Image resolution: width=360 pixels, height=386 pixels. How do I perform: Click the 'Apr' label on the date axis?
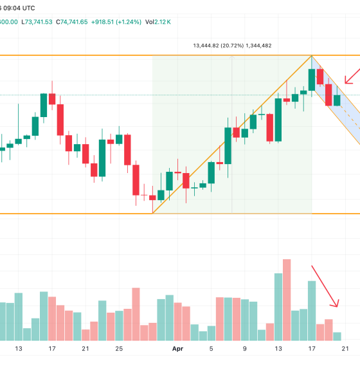pos(178,349)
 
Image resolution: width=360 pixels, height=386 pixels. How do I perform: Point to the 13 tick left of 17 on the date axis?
pos(19,349)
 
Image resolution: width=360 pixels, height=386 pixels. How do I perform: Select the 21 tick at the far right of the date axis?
pos(345,349)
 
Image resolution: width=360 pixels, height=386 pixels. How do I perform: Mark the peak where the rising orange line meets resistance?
pos(312,55)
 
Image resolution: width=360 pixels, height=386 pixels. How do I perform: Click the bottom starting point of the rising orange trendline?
pos(153,213)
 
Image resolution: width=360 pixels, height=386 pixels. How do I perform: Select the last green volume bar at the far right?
pos(337,336)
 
